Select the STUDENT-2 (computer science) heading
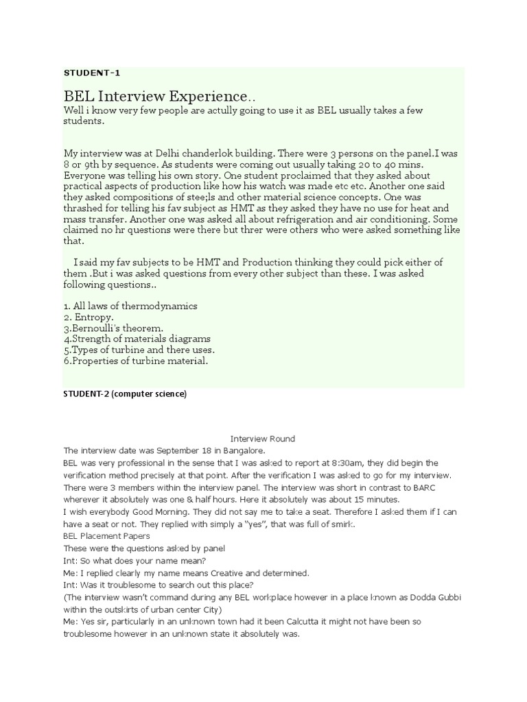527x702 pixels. [x=125, y=394]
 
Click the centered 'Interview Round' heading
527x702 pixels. [x=263, y=439]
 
